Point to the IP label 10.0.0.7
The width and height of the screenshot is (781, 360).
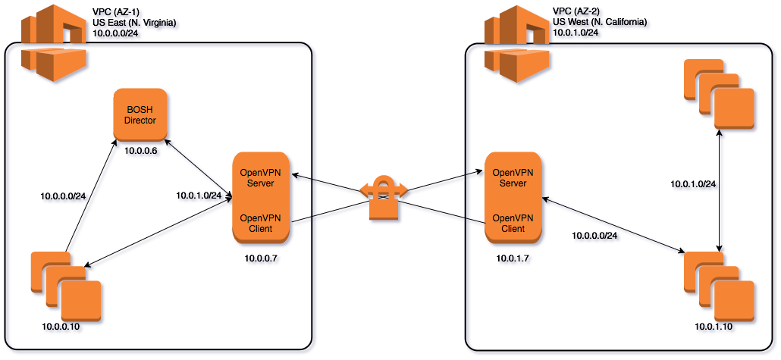262,259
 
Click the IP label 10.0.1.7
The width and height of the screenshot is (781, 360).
515,259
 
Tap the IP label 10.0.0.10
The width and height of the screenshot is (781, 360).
62,326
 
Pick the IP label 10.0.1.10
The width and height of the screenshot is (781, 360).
716,326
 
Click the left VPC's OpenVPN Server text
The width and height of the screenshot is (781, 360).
262,178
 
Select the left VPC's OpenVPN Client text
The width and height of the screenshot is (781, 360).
262,223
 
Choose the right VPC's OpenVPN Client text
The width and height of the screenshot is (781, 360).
513,223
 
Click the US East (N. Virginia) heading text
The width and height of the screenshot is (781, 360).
135,23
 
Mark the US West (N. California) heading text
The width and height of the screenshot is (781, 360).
601,23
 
